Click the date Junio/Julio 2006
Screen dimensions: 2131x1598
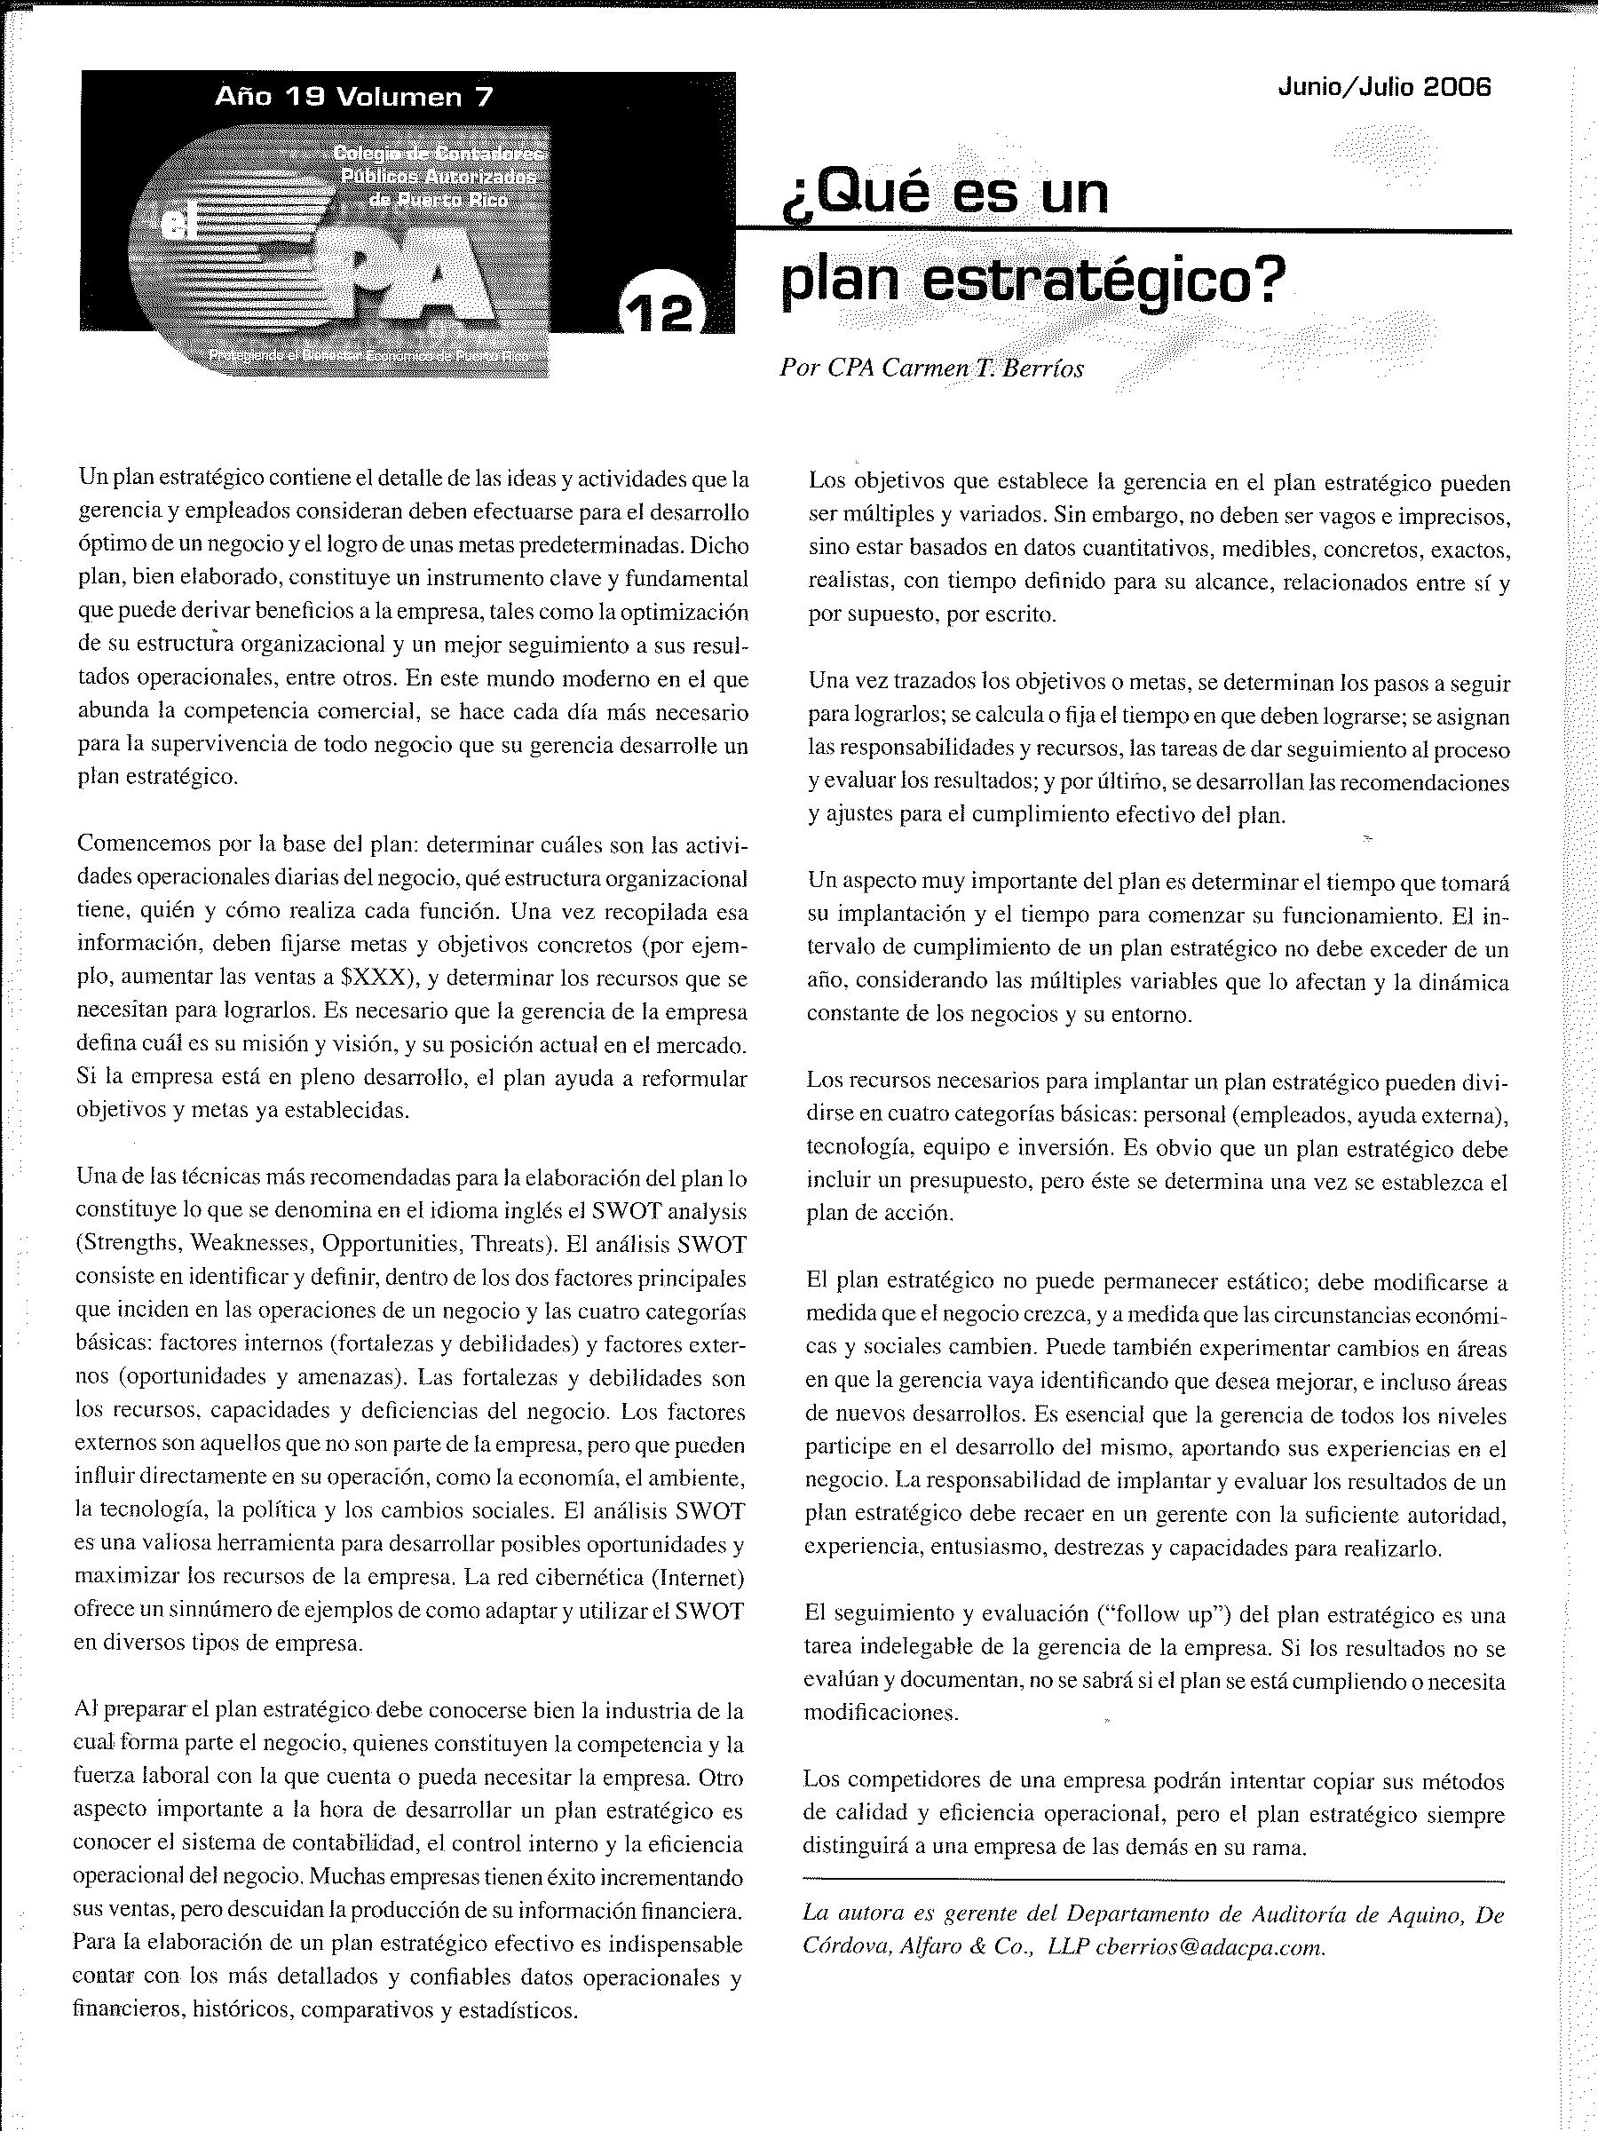(1384, 88)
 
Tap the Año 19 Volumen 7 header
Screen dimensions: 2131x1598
(353, 98)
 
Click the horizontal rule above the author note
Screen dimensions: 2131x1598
(1153, 1881)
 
